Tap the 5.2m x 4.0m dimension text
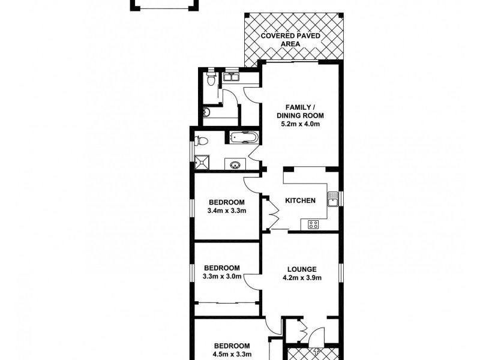coord(300,124)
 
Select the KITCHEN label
coord(300,200)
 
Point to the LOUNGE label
coord(302,269)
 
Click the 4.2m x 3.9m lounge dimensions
coord(302,278)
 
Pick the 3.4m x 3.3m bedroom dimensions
coord(227,211)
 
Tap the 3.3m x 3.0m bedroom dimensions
coord(222,277)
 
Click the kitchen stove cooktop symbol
coord(313,224)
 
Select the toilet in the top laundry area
coord(210,78)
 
